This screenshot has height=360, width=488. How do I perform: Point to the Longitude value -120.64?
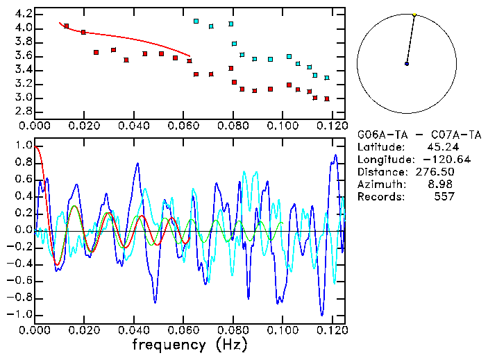pyautogui.click(x=432, y=159)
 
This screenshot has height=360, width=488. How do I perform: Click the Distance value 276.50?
pyautogui.click(x=435, y=171)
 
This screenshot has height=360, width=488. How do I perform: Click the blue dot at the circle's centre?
pyautogui.click(x=407, y=64)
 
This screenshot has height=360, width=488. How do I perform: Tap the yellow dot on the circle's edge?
pyautogui.click(x=414, y=15)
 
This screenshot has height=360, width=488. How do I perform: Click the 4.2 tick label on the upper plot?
pyautogui.click(x=22, y=14)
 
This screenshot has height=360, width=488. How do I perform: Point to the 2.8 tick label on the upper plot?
pyautogui.click(x=22, y=111)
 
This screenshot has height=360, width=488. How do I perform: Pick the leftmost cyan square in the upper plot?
pyautogui.click(x=196, y=22)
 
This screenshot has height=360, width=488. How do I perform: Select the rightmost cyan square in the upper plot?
pyautogui.click(x=326, y=78)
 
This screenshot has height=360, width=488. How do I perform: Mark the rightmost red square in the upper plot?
pyautogui.click(x=326, y=98)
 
